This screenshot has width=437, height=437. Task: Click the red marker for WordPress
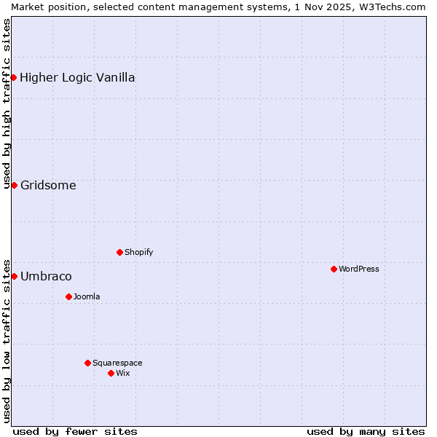coord(334,269)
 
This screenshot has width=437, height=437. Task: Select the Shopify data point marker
coord(119,252)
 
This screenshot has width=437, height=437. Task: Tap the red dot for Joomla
coord(68,296)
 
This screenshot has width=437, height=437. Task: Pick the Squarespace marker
coord(87,363)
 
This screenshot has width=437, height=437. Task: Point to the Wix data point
coord(111,373)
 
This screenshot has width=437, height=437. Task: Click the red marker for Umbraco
coord(14,276)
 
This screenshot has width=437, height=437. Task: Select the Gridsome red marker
coord(14,185)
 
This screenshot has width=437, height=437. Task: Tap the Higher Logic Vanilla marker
coord(14,77)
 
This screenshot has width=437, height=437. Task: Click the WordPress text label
coord(359,269)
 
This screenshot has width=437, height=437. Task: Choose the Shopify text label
coord(139,252)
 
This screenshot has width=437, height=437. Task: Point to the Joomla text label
coord(87,296)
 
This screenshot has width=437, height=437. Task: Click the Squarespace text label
coord(117,363)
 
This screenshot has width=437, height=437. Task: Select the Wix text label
coord(123,373)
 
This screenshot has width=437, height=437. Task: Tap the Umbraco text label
coord(46,276)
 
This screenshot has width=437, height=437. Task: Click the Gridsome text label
coord(48,185)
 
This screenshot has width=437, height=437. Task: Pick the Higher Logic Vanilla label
coord(77,77)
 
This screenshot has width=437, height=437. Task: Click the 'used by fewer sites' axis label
coord(75,431)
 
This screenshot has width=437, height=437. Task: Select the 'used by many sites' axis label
coord(366,431)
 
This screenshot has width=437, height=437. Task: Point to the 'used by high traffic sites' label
coord(7,103)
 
